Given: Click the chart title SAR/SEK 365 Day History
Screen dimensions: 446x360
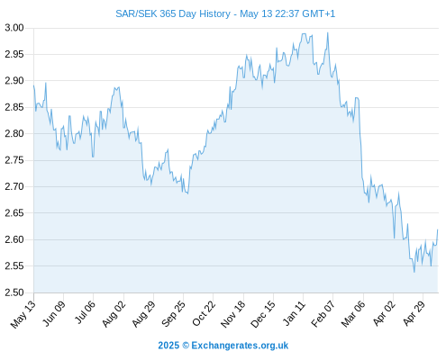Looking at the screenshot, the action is (173, 13).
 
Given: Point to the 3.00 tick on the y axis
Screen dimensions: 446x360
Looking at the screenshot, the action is (14, 28).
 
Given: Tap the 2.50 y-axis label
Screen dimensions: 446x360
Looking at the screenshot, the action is (14, 292).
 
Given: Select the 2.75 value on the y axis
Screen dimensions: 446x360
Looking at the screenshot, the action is (14, 160).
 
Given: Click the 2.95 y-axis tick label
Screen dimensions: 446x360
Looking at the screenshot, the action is (14, 54).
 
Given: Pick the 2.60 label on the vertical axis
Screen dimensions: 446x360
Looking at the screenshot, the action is (14, 239).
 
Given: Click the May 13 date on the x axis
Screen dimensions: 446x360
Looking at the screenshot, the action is (23, 314).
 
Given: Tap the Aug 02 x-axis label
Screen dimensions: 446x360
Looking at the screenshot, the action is (114, 314).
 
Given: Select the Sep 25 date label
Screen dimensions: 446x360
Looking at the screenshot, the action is (173, 314).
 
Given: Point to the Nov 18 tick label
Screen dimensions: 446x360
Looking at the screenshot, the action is (233, 314).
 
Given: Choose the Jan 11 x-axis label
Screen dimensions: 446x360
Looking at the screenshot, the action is (294, 314).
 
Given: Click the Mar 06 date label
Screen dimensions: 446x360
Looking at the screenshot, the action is (353, 314).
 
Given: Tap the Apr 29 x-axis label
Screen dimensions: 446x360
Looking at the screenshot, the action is (414, 314).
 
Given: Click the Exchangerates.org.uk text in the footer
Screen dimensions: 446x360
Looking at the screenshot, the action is (240, 346).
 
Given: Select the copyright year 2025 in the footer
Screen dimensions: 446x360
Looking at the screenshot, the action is (168, 346).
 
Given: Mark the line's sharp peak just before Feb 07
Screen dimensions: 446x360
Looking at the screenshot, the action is (328, 32).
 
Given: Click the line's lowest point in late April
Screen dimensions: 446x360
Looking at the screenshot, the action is (414, 272).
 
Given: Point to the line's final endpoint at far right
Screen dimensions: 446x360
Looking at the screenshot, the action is (438, 229).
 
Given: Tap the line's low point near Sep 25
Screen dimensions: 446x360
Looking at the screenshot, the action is (187, 193).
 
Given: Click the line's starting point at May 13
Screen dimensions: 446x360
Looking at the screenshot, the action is (33, 85).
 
